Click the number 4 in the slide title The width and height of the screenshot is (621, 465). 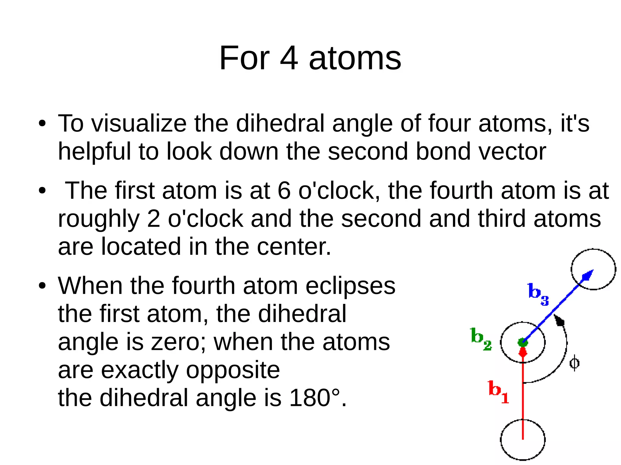[x=288, y=58]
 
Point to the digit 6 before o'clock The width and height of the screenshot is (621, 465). [x=284, y=191]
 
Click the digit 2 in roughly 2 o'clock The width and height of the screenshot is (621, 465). [x=153, y=219]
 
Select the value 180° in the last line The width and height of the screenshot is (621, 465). [x=314, y=398]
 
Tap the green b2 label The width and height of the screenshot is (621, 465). [x=481, y=339]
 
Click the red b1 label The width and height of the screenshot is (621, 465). [x=498, y=392]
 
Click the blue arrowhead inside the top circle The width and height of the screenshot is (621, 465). [x=587, y=275]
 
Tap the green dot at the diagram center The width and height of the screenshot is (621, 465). [x=523, y=342]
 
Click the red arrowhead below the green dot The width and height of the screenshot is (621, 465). [x=523, y=352]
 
